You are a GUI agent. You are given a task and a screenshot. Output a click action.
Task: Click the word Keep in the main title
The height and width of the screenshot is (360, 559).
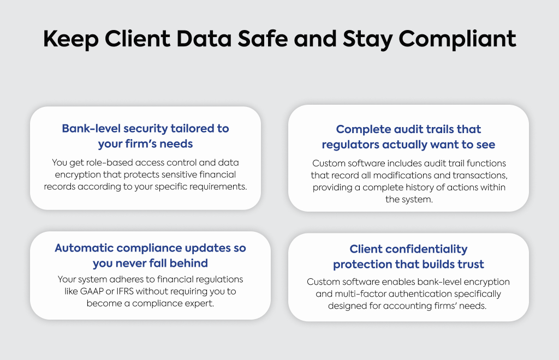click(70, 39)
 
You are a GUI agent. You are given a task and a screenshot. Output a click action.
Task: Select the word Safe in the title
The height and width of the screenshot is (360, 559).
click(263, 39)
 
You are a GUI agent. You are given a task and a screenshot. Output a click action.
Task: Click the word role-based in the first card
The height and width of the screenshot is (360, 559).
click(109, 163)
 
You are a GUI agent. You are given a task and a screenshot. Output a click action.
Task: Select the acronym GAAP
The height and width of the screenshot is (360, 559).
click(92, 291)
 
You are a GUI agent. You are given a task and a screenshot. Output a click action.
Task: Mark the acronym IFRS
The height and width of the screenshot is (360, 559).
click(124, 291)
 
